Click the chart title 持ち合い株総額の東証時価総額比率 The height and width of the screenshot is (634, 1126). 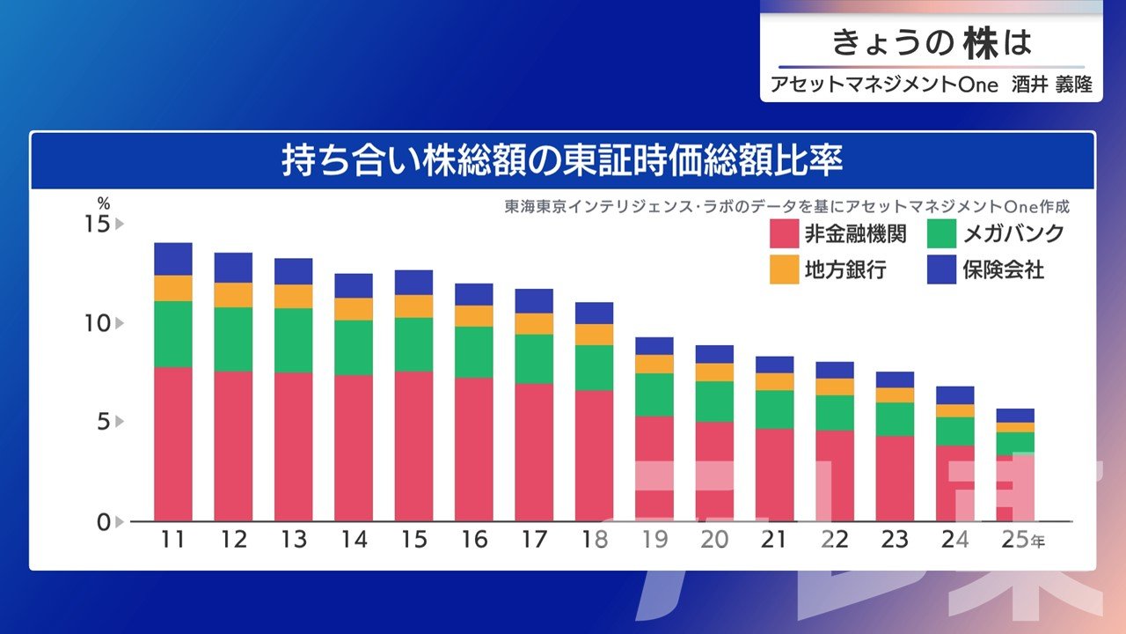click(x=562, y=161)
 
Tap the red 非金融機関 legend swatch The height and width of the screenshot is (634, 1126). click(x=783, y=233)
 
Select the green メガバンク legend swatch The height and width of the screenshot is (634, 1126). click(x=941, y=233)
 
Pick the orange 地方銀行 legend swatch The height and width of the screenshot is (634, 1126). click(x=783, y=269)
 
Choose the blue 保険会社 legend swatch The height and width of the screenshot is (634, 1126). click(x=941, y=269)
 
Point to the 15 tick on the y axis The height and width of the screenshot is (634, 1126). click(x=98, y=224)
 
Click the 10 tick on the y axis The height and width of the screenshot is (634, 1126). click(x=98, y=323)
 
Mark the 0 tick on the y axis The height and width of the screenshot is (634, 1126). click(x=104, y=521)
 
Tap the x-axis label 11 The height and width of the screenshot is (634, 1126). click(x=172, y=540)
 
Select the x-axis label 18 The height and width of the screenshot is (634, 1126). click(x=594, y=540)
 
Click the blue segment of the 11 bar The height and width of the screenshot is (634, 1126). click(x=172, y=259)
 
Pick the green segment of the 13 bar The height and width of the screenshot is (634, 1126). click(x=293, y=340)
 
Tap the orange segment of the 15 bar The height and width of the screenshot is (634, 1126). click(x=413, y=306)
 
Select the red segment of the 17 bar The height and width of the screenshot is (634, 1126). click(x=534, y=452)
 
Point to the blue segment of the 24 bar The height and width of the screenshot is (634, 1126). click(x=954, y=394)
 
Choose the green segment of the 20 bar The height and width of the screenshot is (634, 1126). click(x=714, y=402)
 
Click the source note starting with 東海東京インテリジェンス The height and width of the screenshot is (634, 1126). click(x=786, y=208)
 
